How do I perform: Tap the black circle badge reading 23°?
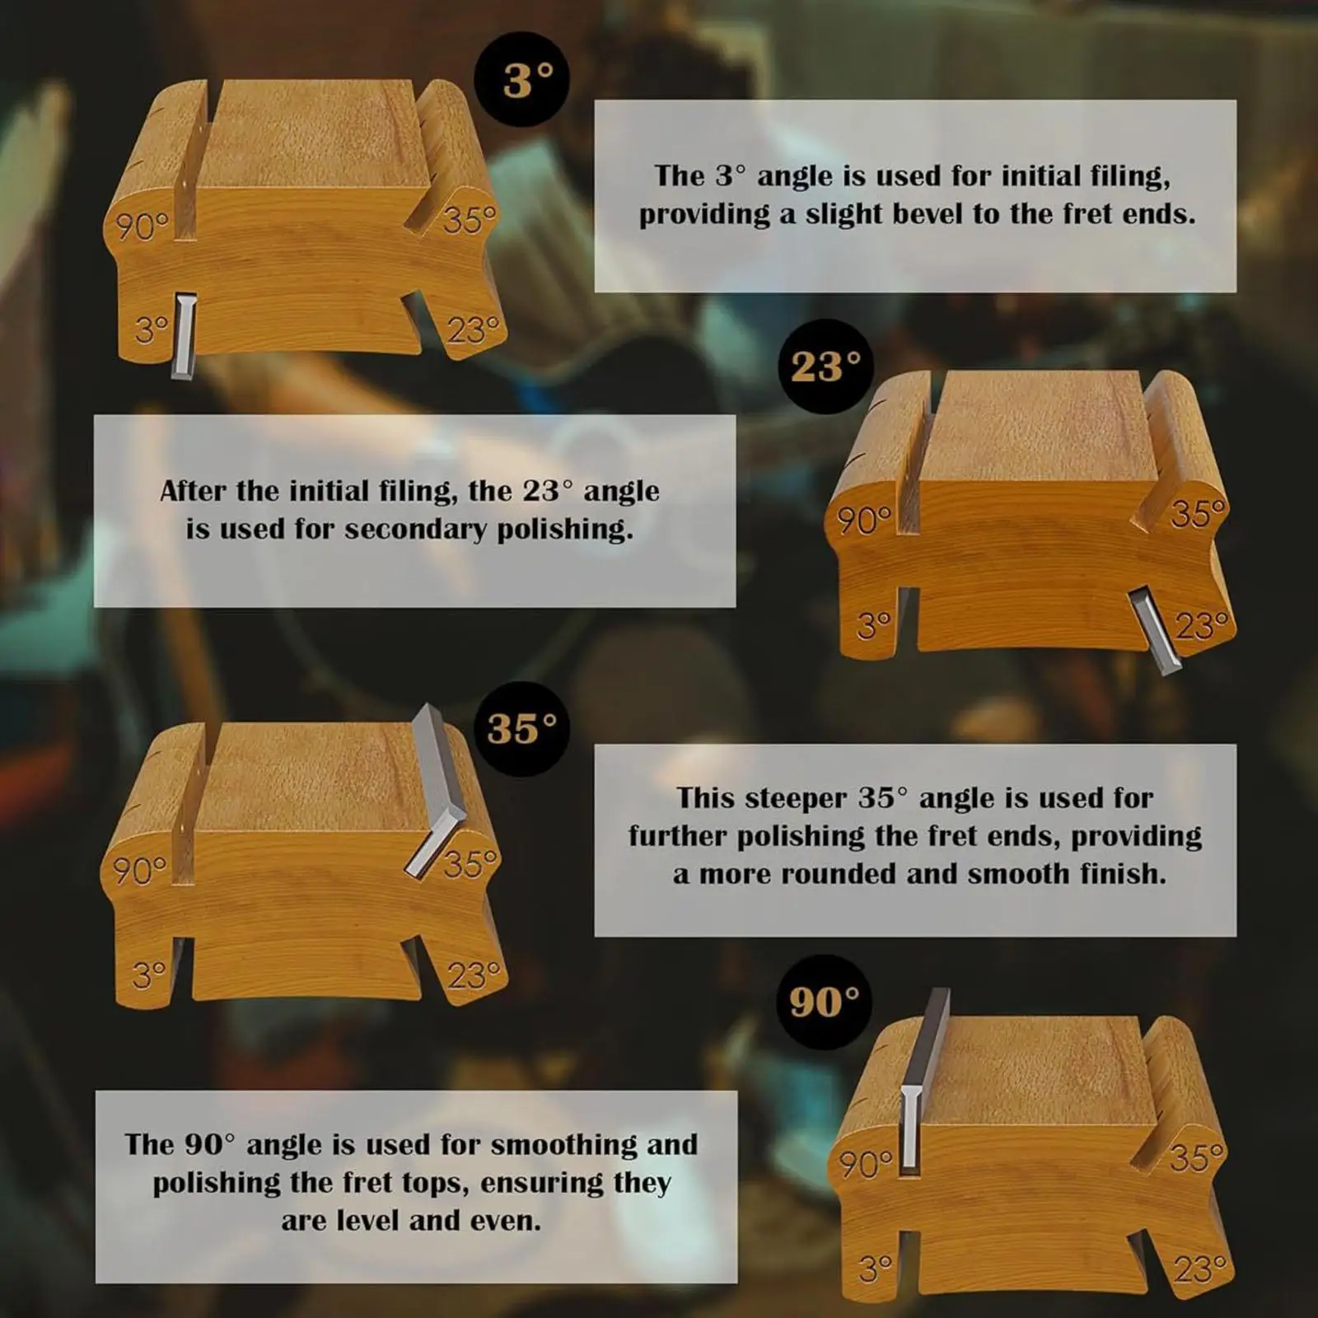pyautogui.click(x=825, y=367)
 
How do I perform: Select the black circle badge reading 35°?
pyautogui.click(x=521, y=729)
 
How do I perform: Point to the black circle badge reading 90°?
pyautogui.click(x=824, y=1002)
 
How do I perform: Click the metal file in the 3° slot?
pyautogui.click(x=184, y=337)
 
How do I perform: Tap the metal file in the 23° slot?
pyautogui.click(x=1155, y=629)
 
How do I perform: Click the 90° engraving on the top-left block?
pyautogui.click(x=142, y=226)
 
